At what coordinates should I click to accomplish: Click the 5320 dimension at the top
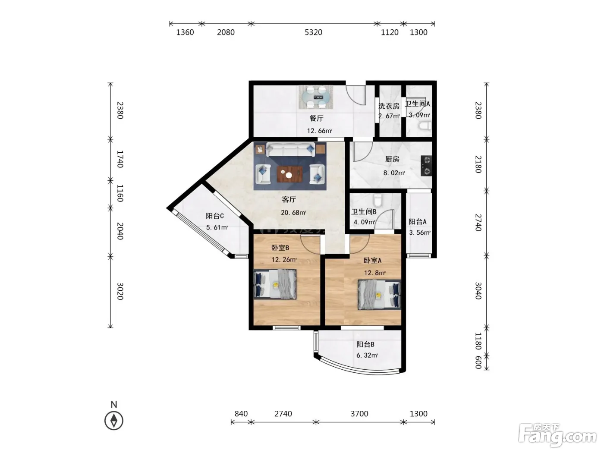tap(313, 32)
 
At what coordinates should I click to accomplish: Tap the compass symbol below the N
tap(113, 421)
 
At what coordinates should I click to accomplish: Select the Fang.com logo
tap(557, 435)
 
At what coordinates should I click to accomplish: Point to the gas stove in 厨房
tap(426, 166)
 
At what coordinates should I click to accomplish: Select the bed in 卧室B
tap(275, 284)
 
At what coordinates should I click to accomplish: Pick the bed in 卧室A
tap(380, 295)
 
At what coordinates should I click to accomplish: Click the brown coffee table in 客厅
tap(289, 174)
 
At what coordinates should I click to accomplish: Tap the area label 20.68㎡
tap(293, 213)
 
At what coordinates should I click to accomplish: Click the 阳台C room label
tap(214, 216)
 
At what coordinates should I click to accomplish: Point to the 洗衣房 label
tap(389, 106)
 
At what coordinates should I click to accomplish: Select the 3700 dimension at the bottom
tap(359, 414)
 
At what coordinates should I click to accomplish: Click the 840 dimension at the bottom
tap(241, 414)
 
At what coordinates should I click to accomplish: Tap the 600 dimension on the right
tap(478, 362)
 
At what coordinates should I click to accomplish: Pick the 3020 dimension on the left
tap(120, 291)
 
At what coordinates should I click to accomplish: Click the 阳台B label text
tap(365, 344)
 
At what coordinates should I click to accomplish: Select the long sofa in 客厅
tap(290, 149)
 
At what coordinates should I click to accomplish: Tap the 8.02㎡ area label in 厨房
tap(394, 173)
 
